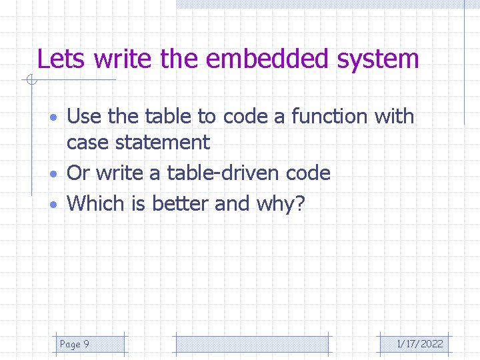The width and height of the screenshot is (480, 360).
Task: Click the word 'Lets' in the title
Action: pyautogui.click(x=61, y=59)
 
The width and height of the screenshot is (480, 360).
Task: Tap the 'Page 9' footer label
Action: pyautogui.click(x=75, y=344)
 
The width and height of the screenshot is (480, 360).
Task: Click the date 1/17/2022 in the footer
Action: pyautogui.click(x=419, y=344)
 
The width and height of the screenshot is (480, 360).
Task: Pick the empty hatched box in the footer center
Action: pyautogui.click(x=252, y=344)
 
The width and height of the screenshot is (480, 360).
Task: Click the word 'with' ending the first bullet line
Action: pyautogui.click(x=394, y=117)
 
